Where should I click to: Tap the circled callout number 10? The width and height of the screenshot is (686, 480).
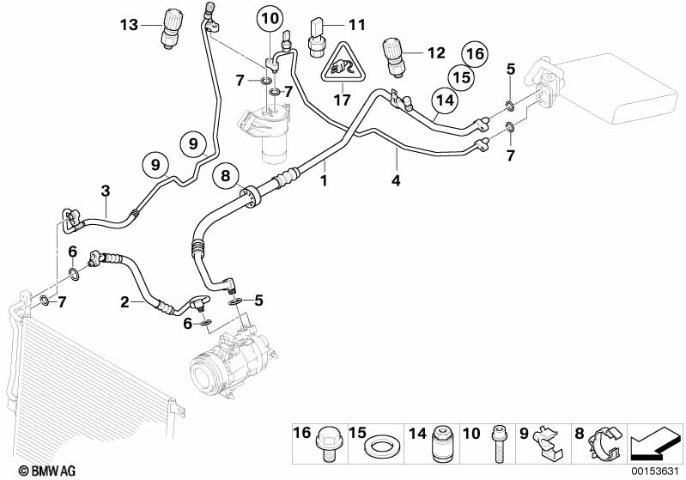(x=270, y=18)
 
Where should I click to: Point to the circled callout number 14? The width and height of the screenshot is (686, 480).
(x=442, y=100)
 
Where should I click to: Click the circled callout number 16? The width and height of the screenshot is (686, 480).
(x=477, y=53)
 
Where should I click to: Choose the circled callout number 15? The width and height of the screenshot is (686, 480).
(x=462, y=77)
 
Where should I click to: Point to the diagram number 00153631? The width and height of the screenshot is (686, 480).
(x=658, y=470)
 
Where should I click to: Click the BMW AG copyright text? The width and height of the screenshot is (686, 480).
(x=30, y=471)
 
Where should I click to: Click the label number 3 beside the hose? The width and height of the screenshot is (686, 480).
(x=104, y=189)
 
